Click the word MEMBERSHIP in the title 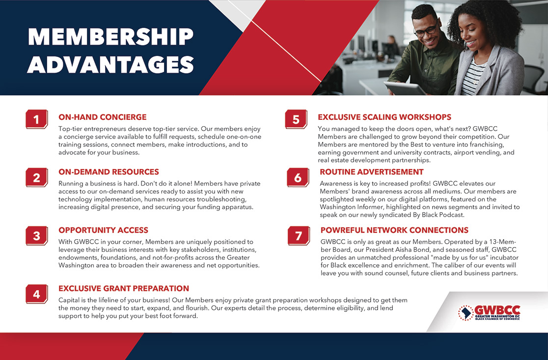point(110,37)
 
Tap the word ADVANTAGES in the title point(110,64)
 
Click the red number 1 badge point(37,119)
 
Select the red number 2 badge point(37,178)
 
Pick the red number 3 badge point(37,236)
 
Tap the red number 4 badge point(37,294)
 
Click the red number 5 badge point(296,119)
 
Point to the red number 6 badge point(298,178)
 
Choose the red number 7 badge point(299,236)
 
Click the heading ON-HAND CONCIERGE point(103,117)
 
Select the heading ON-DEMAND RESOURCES point(109,172)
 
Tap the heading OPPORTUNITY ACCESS point(104,230)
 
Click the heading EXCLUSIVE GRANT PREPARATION point(124,288)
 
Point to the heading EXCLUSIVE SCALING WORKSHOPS point(384,117)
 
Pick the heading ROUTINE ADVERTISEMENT point(372,172)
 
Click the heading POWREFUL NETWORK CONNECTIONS point(395,230)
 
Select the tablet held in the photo point(405,88)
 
